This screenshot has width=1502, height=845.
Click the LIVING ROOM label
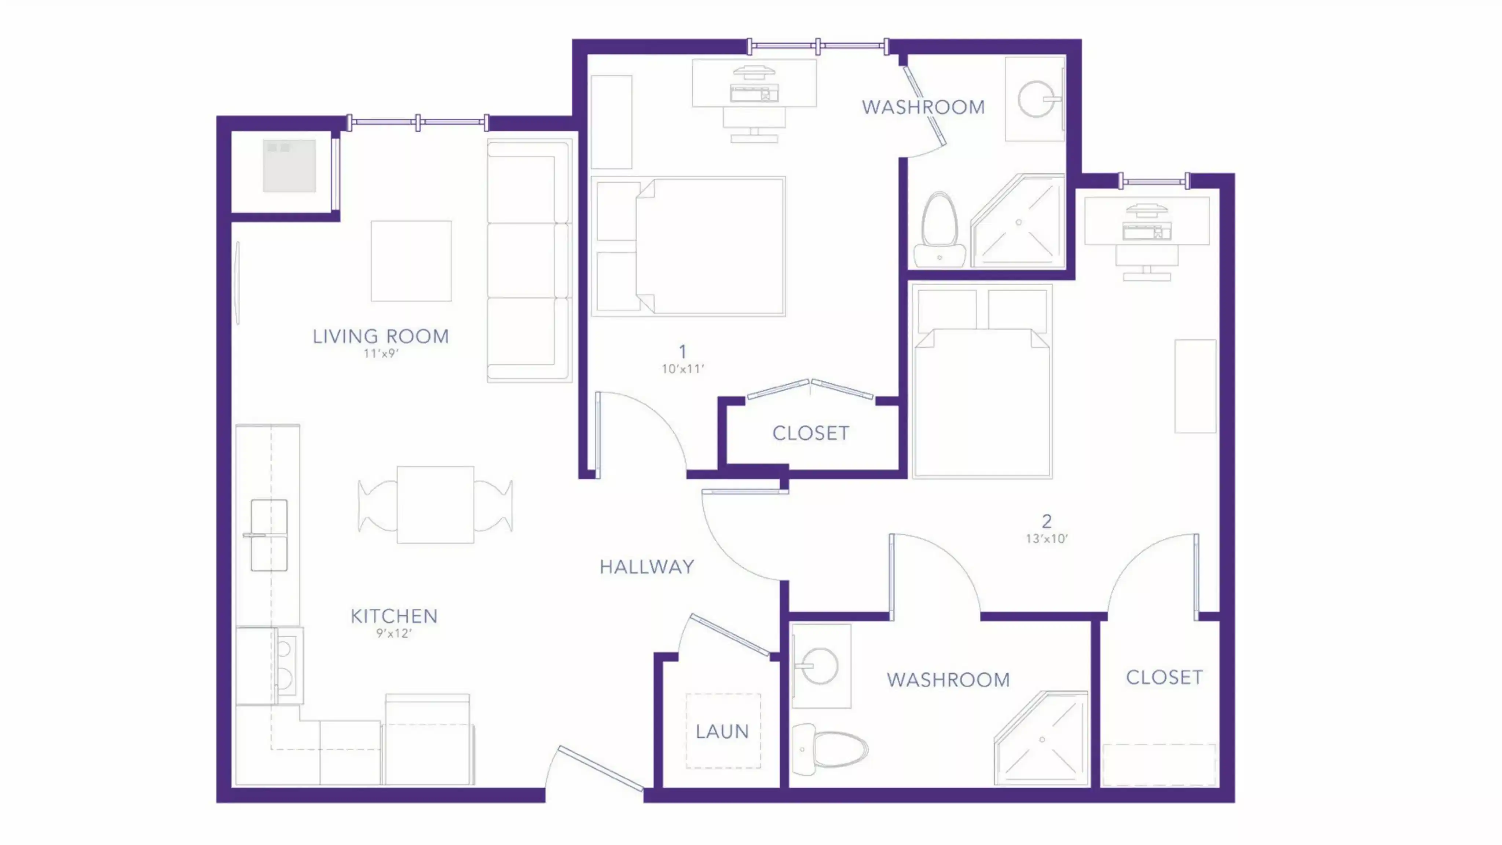pos(380,336)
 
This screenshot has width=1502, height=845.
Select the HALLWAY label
pos(646,567)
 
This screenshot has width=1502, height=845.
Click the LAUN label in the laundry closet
pos(722,731)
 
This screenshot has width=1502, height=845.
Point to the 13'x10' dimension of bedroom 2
pos(1046,539)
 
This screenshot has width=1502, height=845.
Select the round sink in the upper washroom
pos(1036,100)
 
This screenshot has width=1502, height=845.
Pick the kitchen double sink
pos(269,535)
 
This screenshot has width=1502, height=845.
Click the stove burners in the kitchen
pos(285,663)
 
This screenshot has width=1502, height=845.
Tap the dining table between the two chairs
pos(435,504)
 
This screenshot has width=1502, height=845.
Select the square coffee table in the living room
pos(411,261)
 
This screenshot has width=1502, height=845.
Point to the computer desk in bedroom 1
pos(754,83)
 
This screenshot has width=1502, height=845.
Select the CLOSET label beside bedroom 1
pos(810,433)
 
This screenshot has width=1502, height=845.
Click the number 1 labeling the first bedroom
pos(682,352)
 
